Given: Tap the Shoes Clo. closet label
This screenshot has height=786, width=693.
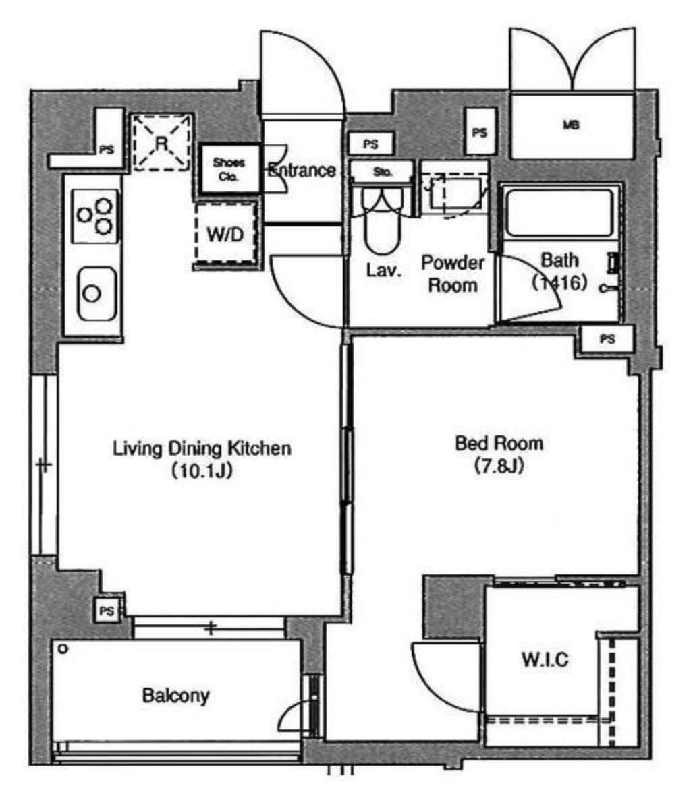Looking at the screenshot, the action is point(229,169).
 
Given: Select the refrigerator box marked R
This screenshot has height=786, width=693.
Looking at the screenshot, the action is point(161,142).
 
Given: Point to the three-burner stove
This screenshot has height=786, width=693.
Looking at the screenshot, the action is point(95,216).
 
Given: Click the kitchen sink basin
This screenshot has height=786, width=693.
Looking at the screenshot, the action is point(97,294).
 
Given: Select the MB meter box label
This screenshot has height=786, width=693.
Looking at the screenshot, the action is point(572,125).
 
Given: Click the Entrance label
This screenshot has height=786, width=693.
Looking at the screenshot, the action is point(302,170).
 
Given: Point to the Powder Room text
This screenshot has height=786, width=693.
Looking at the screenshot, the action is point(453,274).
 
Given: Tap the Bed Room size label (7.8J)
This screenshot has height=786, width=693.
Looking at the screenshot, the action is point(499,466).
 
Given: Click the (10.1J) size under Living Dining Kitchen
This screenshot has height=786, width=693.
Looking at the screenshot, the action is point(202,471).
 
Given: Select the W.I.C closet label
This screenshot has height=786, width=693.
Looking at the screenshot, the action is point(545,659).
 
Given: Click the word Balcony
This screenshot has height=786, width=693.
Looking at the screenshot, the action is point(175,695).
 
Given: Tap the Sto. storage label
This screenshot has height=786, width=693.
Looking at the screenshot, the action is point(383,172).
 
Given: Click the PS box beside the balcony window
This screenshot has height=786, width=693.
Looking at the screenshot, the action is point(107,611).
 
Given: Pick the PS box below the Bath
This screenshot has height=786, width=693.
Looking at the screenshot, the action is point(607,339).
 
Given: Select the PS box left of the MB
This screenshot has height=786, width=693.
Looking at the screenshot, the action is point(480,132).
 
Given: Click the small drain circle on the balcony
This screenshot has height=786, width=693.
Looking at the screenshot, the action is point(63,649).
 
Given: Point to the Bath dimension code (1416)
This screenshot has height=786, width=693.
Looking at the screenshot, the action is point(559,283).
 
